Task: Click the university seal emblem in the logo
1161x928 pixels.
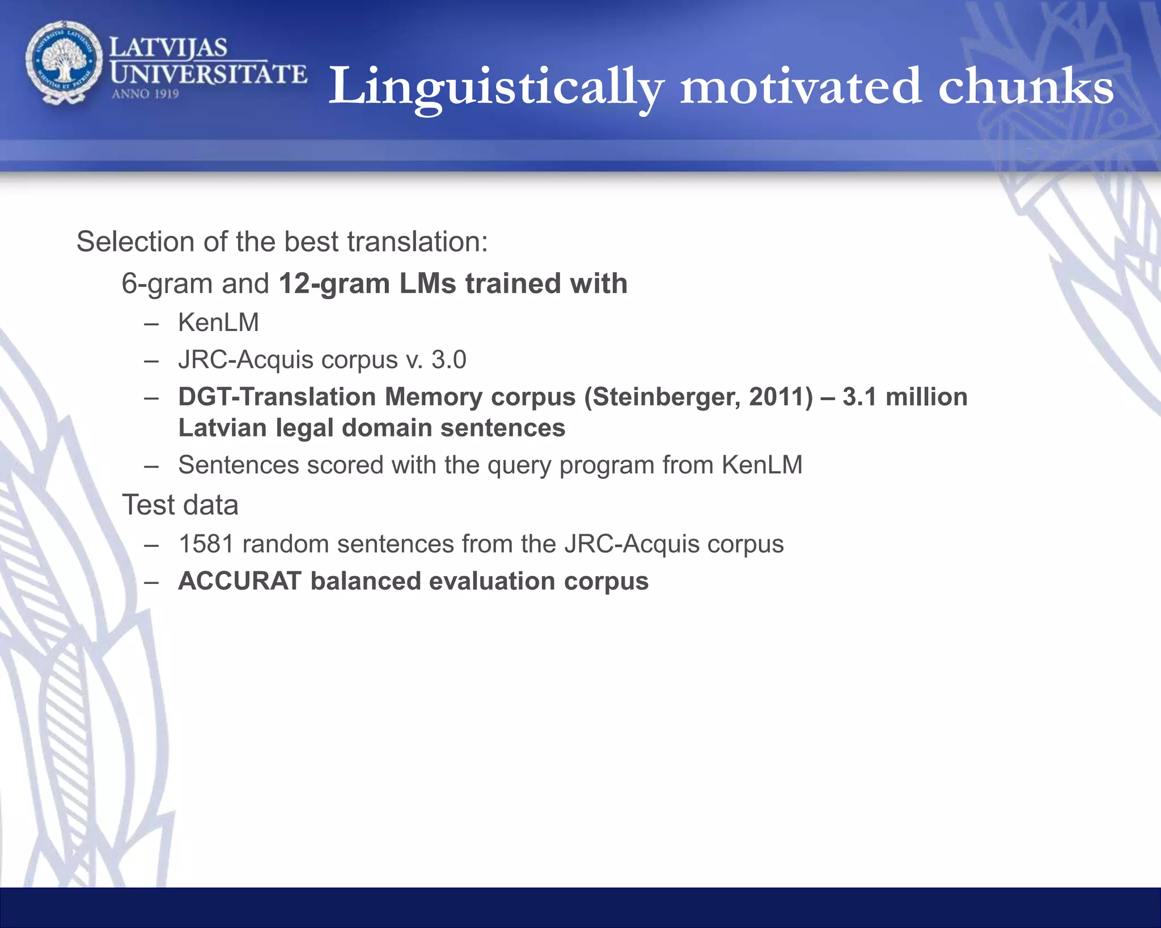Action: (64, 62)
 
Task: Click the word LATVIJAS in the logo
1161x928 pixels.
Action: (168, 48)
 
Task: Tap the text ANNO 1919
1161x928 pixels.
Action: (146, 94)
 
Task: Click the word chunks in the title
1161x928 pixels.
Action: (1026, 87)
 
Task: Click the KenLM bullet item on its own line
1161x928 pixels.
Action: (218, 323)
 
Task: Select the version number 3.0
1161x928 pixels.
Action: (449, 359)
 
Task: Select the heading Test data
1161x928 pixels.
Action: (180, 505)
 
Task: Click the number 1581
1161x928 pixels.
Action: (206, 544)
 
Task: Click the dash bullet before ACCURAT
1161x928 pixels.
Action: (151, 582)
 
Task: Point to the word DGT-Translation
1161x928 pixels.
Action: (277, 397)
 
